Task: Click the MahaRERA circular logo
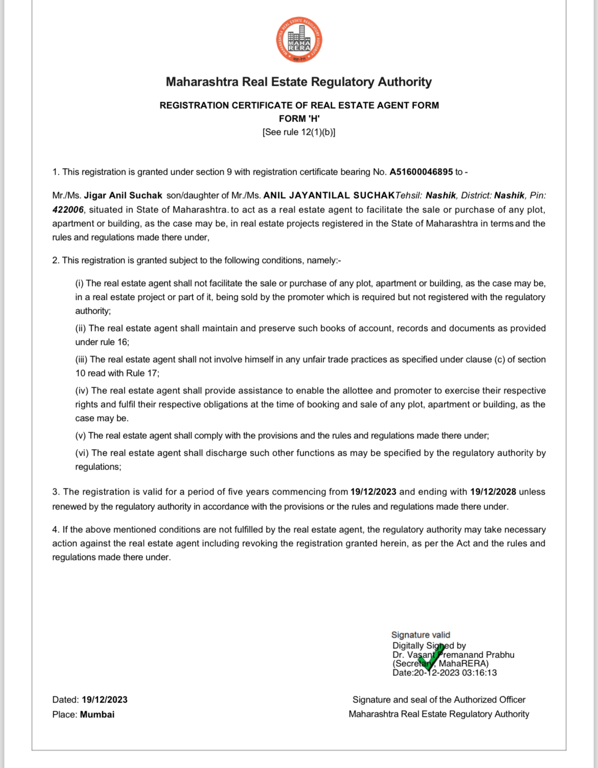tap(299, 40)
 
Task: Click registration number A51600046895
tap(421, 172)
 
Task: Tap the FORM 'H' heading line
tap(299, 119)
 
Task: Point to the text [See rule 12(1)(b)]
tap(299, 132)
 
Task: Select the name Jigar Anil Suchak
tap(123, 195)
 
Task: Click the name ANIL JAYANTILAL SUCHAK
tap(329, 195)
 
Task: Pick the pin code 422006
tap(67, 210)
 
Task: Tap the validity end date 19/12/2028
tap(493, 492)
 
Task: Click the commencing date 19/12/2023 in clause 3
tap(373, 492)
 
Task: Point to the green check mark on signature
tap(430, 658)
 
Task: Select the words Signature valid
tap(421, 635)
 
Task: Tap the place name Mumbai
tap(97, 714)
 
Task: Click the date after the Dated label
tap(104, 700)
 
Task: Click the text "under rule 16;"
tap(102, 342)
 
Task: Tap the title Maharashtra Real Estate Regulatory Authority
tap(299, 82)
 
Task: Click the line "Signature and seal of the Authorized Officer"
tap(439, 700)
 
